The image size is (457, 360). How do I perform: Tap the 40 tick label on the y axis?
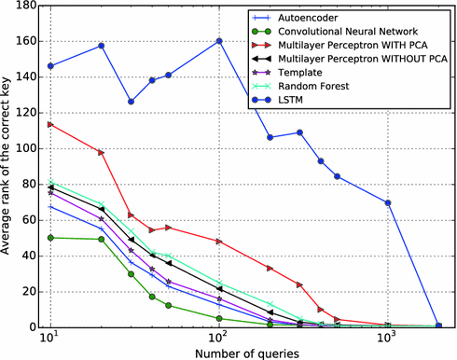click(x=25, y=256)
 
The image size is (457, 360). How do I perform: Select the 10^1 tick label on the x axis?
click(x=50, y=339)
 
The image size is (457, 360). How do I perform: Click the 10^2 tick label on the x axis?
click(x=219, y=339)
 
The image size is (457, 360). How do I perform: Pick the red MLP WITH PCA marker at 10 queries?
click(x=50, y=124)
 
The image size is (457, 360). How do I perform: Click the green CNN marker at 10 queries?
click(x=50, y=238)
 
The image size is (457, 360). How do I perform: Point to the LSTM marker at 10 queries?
click(x=50, y=66)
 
